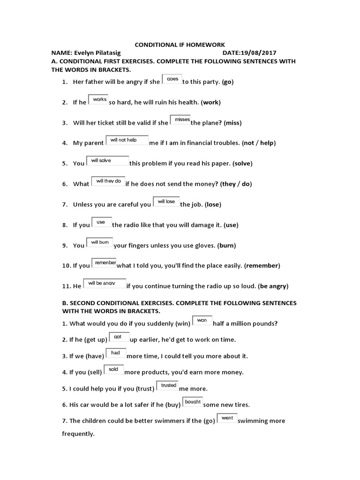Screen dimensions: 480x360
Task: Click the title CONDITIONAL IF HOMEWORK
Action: [180, 45]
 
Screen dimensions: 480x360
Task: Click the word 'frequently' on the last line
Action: [78, 434]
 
